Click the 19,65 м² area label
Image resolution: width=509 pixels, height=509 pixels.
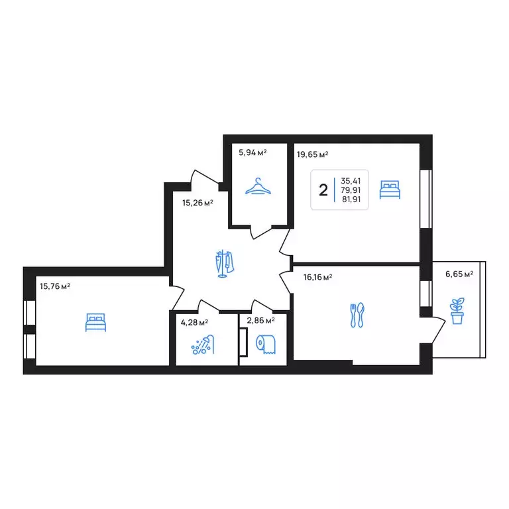(x=312, y=154)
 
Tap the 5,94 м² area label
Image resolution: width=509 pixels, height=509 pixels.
(x=253, y=152)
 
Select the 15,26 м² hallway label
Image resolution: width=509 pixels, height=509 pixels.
(x=198, y=203)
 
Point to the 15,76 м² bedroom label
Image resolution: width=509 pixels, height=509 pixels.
(x=55, y=286)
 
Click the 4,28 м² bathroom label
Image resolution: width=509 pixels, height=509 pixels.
(x=194, y=322)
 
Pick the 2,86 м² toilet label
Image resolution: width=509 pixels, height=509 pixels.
(x=260, y=321)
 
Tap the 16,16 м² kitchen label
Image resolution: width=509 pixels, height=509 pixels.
(x=317, y=277)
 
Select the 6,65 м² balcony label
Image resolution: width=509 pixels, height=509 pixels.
(x=459, y=274)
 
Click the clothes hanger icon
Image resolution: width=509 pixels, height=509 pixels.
(x=258, y=186)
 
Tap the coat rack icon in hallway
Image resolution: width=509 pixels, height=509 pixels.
(x=224, y=264)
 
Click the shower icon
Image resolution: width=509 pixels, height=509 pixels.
(x=203, y=345)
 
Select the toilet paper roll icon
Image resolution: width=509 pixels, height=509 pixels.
(x=266, y=344)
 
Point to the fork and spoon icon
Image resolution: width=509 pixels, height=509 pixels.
(x=357, y=315)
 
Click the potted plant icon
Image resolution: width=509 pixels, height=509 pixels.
(x=457, y=311)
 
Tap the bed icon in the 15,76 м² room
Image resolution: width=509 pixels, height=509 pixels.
(x=95, y=322)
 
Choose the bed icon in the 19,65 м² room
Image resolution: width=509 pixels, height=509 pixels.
(x=390, y=190)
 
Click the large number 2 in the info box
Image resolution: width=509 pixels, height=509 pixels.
(x=323, y=190)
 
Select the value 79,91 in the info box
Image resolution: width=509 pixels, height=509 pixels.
(x=351, y=190)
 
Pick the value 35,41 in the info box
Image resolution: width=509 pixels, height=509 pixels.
(x=351, y=181)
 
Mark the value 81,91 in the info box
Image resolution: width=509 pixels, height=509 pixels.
(x=351, y=199)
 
